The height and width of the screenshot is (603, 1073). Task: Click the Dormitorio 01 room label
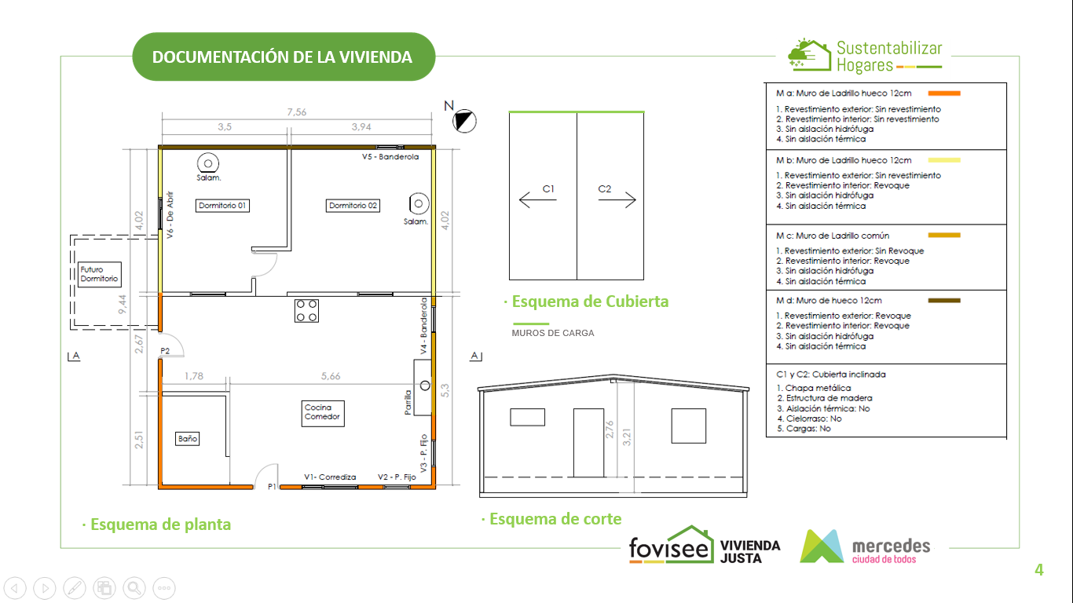pyautogui.click(x=222, y=206)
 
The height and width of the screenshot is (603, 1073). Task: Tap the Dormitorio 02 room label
pyautogui.click(x=353, y=206)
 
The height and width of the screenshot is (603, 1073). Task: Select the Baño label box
pyautogui.click(x=187, y=439)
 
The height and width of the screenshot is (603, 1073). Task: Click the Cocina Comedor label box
pyautogui.click(x=323, y=413)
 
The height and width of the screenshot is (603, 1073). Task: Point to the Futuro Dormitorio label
pyautogui.click(x=99, y=274)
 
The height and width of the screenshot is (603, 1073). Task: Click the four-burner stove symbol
pyautogui.click(x=306, y=310)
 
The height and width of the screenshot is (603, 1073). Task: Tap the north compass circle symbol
pyautogui.click(x=464, y=121)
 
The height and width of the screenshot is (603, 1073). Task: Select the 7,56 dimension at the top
pyautogui.click(x=296, y=112)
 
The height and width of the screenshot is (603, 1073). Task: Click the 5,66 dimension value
pyautogui.click(x=331, y=376)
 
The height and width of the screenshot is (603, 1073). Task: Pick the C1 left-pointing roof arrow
pyautogui.click(x=537, y=199)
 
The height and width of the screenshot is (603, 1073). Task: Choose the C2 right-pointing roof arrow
pyautogui.click(x=617, y=199)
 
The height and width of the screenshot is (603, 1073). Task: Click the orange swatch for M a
pyautogui.click(x=944, y=93)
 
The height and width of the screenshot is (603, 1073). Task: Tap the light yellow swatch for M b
pyautogui.click(x=944, y=160)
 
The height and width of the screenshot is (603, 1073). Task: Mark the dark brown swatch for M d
pyautogui.click(x=944, y=300)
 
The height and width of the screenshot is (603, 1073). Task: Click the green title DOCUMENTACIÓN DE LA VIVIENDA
pyautogui.click(x=283, y=57)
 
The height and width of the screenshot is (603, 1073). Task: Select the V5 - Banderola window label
pyautogui.click(x=390, y=156)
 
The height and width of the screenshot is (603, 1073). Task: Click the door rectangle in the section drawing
pyautogui.click(x=588, y=443)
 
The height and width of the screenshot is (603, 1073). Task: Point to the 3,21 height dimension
pyautogui.click(x=627, y=437)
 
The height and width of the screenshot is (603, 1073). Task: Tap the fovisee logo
pyautogui.click(x=672, y=545)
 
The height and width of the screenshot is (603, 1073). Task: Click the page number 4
pyautogui.click(x=1039, y=569)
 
